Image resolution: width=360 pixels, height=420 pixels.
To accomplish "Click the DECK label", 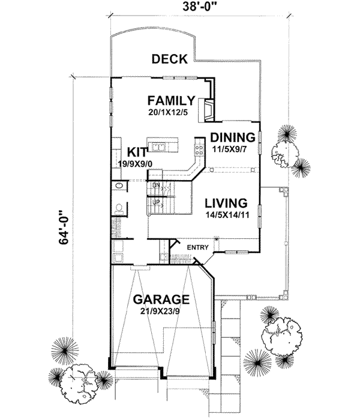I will coord(170,59).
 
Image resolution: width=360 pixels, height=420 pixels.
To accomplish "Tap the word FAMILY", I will coord(172,100).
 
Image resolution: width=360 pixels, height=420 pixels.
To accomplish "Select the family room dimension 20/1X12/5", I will coord(172,112).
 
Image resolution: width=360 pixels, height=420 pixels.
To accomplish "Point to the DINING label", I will coord(232,137).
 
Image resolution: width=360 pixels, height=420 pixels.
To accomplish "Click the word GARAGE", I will coord(161,299).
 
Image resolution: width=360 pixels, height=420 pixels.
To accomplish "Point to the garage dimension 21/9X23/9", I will coord(161,311).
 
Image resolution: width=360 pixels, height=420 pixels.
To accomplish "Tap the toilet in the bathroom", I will coord(119,209).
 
